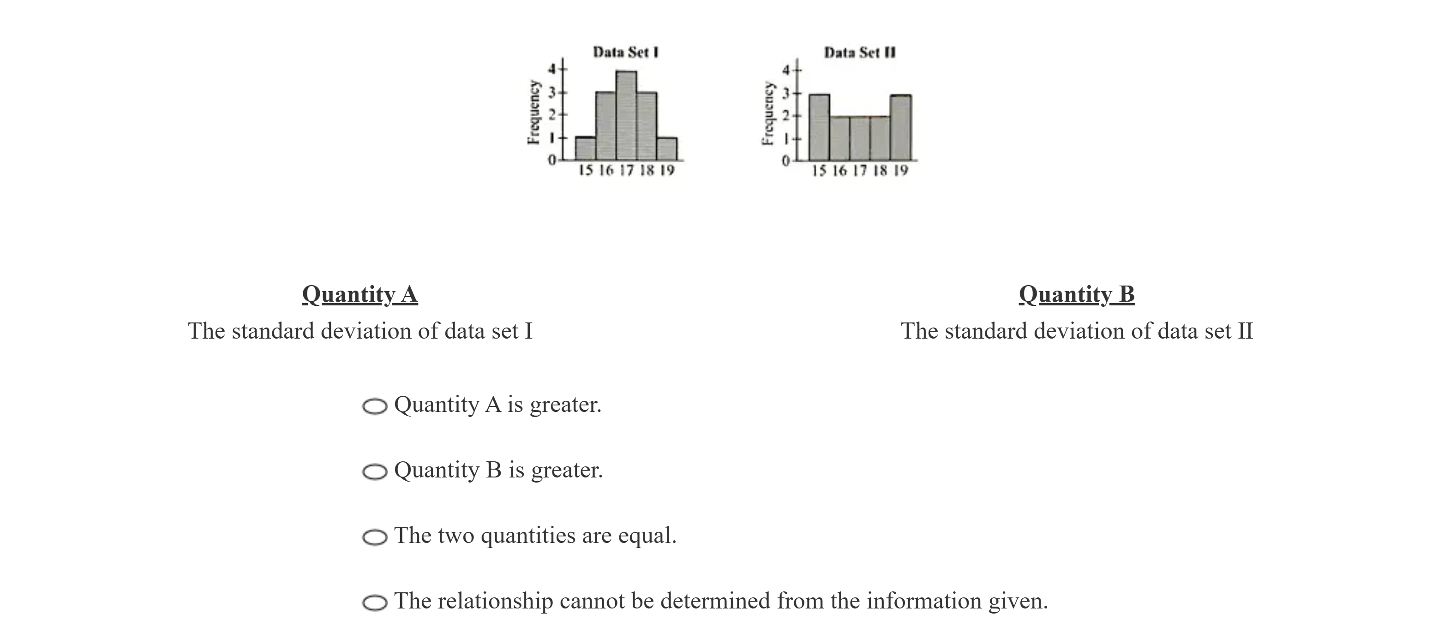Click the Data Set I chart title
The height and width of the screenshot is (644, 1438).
(626, 53)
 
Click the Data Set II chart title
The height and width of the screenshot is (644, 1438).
(860, 53)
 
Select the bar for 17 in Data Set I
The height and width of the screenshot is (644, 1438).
(626, 115)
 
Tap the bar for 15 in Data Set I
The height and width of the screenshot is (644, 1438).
(585, 149)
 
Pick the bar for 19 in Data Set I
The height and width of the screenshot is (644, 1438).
(666, 149)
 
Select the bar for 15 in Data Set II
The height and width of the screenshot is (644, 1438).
(819, 127)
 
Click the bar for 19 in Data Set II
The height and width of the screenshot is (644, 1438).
(900, 128)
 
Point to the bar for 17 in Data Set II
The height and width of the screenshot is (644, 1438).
(860, 138)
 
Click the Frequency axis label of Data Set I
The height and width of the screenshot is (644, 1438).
(534, 113)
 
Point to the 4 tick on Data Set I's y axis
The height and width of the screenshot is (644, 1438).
(553, 69)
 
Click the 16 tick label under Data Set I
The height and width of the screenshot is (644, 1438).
(605, 170)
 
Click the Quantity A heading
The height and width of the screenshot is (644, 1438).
(359, 294)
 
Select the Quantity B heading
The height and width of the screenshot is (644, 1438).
(1076, 294)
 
